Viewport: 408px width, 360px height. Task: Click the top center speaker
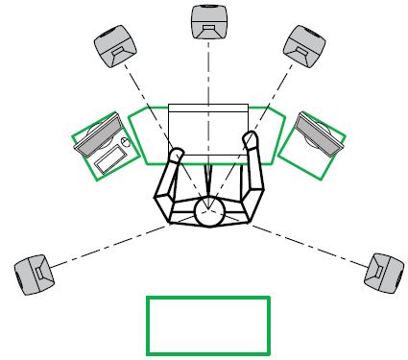208,23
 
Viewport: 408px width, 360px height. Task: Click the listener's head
208,210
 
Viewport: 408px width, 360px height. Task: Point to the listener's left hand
176,155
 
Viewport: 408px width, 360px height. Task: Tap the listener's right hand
252,141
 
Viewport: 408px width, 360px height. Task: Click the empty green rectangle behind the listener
207,325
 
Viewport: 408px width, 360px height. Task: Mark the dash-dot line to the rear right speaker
307,245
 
